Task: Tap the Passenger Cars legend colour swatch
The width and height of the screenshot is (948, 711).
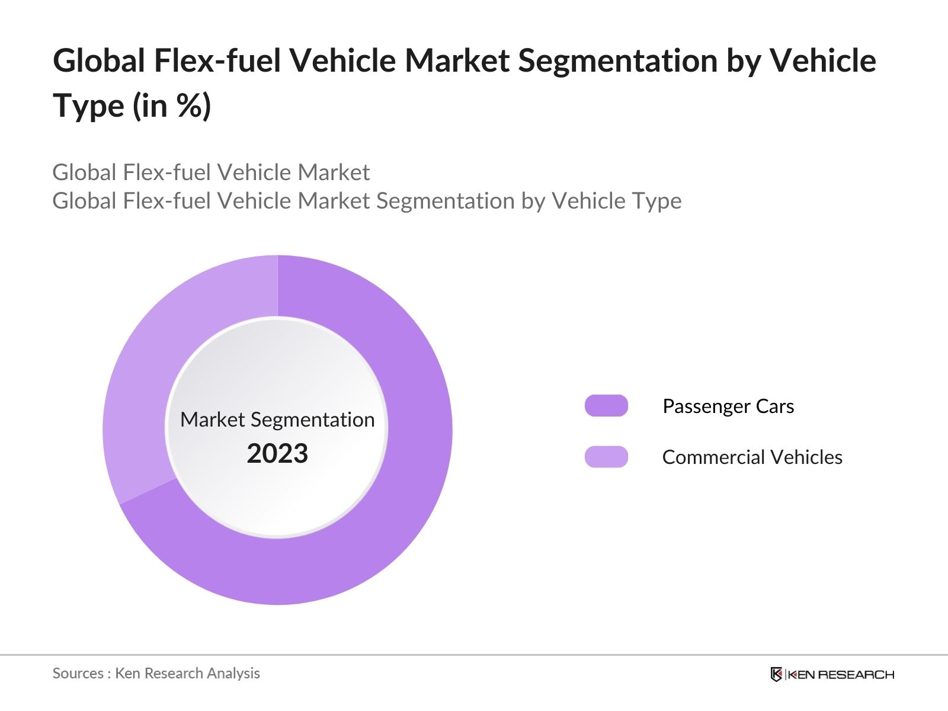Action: tap(606, 406)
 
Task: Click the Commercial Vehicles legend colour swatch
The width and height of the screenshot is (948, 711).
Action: tap(606, 457)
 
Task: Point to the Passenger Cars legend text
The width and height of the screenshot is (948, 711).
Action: tap(728, 406)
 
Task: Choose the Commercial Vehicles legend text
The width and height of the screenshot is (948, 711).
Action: tap(752, 457)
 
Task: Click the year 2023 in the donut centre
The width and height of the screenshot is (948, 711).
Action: tap(277, 454)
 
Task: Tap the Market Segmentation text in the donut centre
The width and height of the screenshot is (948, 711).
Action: tap(277, 419)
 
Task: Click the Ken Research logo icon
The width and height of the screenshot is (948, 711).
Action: tap(776, 674)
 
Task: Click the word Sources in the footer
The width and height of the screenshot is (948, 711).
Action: tap(78, 674)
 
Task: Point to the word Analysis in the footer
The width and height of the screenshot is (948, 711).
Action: tap(235, 674)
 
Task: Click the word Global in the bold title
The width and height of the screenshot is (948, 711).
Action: tap(99, 61)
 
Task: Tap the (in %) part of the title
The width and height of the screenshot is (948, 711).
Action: tap(172, 107)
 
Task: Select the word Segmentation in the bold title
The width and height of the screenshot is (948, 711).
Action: tap(618, 61)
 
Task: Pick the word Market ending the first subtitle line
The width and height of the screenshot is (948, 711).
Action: tap(334, 173)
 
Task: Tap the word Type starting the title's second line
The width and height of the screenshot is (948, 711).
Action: tap(89, 107)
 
